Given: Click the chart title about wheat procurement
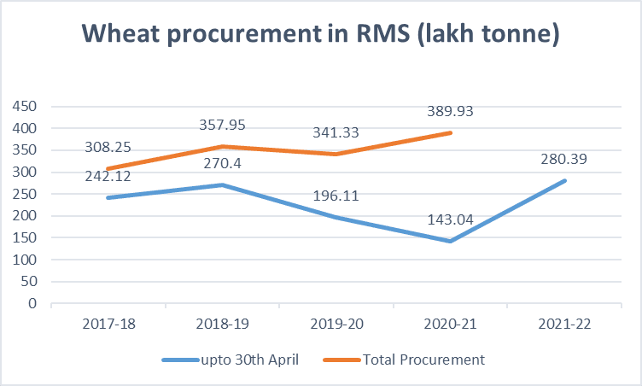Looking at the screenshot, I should click(320, 35).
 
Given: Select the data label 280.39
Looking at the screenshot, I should click(563, 158).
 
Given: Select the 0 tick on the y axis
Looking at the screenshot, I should click(33, 303).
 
